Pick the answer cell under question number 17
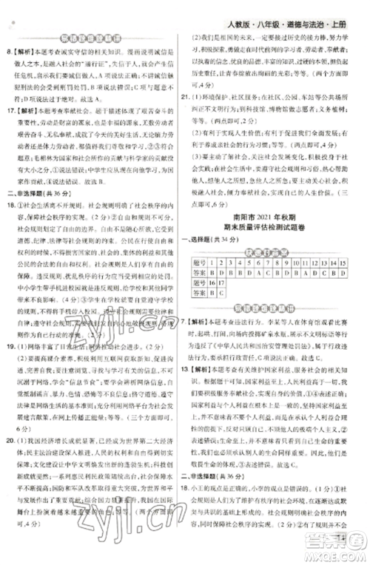(221, 291)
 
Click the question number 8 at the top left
(8, 53)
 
